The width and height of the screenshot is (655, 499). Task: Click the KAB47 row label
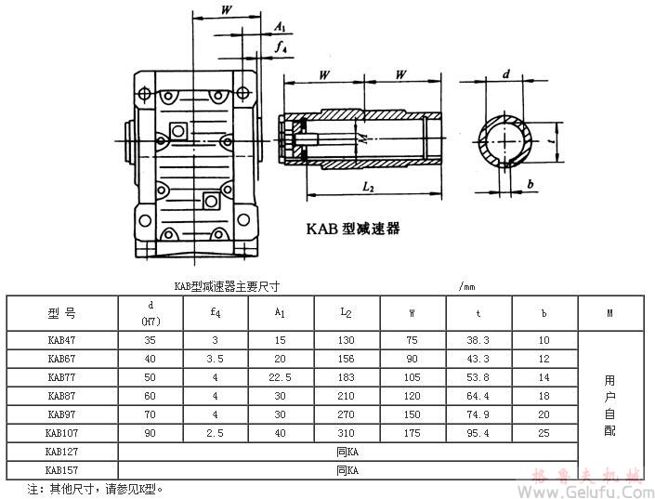pyautogui.click(x=62, y=341)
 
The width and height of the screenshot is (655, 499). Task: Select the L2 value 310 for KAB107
pyautogui.click(x=347, y=432)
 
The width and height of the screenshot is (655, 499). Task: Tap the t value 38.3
pyautogui.click(x=478, y=341)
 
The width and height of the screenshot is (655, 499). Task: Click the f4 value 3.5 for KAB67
pyautogui.click(x=216, y=360)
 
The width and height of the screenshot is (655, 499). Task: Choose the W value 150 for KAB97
pyautogui.click(x=413, y=414)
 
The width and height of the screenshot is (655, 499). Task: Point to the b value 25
pyautogui.click(x=544, y=432)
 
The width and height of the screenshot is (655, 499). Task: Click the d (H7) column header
pyautogui.click(x=151, y=313)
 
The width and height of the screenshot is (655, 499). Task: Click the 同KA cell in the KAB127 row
pyautogui.click(x=347, y=451)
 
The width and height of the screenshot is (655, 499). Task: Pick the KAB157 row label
pyautogui.click(x=62, y=469)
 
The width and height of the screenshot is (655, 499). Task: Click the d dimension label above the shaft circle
pyautogui.click(x=506, y=73)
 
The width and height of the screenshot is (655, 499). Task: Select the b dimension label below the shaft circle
pyautogui.click(x=530, y=185)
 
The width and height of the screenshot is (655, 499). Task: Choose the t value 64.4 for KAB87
pyautogui.click(x=478, y=396)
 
